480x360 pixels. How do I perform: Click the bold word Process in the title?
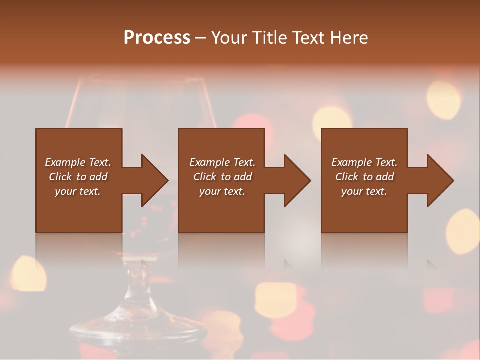157,37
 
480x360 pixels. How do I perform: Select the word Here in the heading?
350,37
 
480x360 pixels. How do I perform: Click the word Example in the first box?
65,162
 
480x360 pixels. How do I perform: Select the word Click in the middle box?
204,177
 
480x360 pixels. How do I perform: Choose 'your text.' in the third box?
364,191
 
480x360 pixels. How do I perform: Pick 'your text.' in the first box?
78,191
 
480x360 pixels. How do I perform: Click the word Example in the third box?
351,162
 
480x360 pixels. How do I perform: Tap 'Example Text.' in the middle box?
222,162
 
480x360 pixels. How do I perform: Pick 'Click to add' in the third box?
364,177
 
